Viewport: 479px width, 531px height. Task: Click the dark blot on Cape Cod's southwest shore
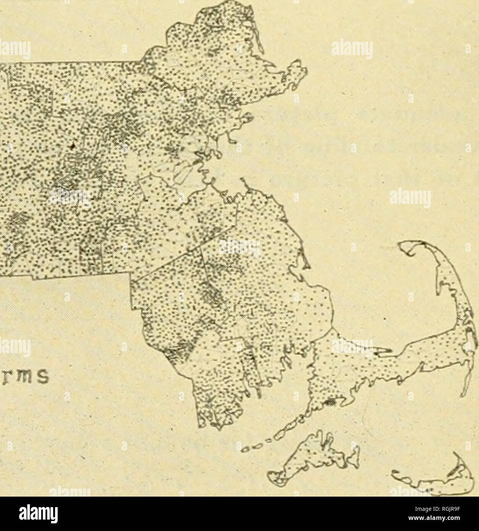(331, 402)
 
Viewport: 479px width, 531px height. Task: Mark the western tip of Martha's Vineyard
(272, 476)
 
